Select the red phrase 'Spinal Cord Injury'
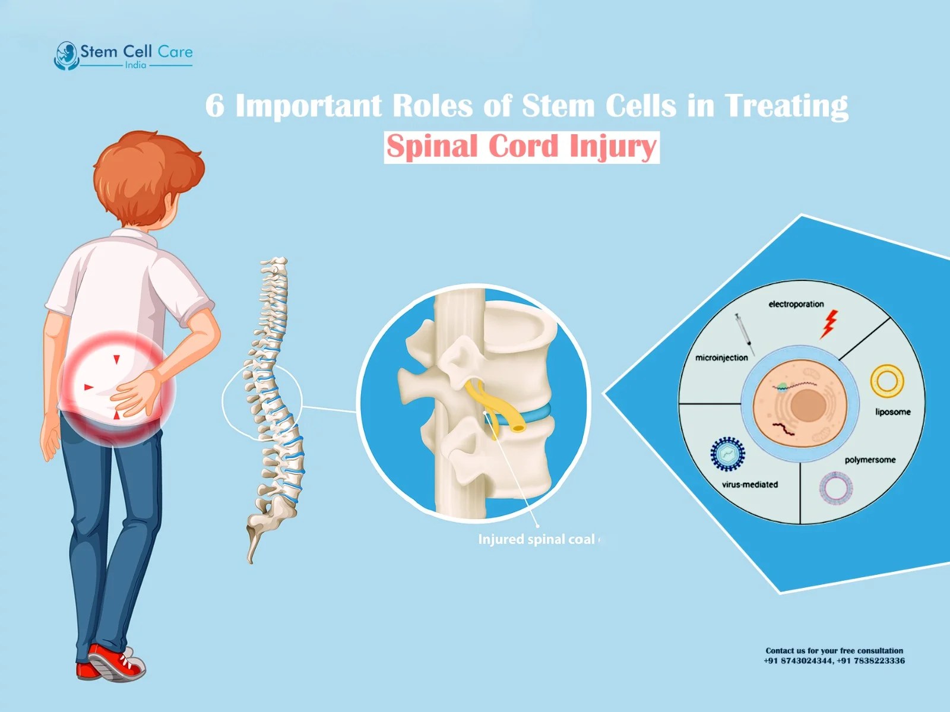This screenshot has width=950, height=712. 521,147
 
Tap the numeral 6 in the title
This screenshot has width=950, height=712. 215,107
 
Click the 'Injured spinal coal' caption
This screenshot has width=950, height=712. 536,539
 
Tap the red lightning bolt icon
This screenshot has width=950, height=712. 829,324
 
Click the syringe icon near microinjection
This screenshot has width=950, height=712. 744,334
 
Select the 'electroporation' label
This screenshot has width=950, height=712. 796,304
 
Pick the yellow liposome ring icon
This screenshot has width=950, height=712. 887,381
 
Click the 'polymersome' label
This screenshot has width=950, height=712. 870,460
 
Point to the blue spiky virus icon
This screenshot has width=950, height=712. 727,454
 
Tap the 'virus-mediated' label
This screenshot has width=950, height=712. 749,485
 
